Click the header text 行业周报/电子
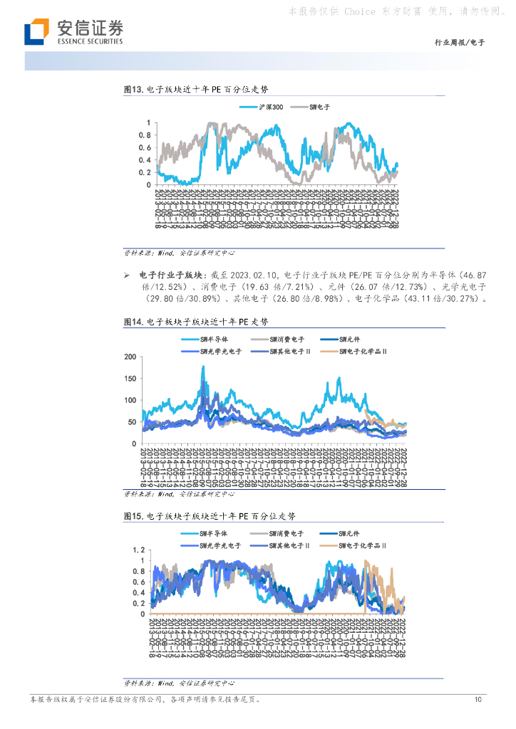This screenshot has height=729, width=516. point(459,43)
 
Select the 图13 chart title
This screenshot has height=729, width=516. point(195,90)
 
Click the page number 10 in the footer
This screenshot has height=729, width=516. point(478,700)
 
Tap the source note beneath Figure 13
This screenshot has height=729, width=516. point(179,253)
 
